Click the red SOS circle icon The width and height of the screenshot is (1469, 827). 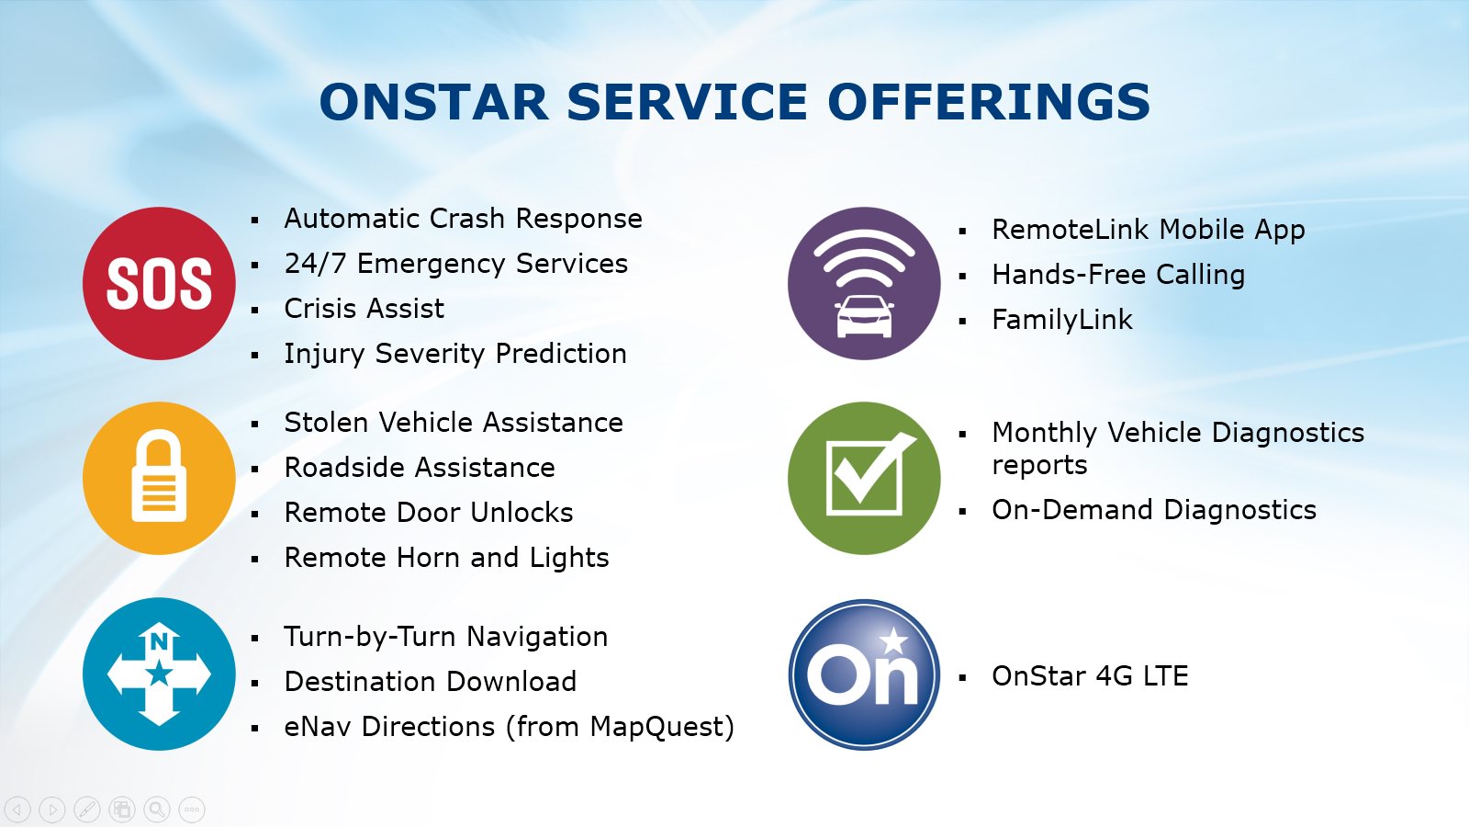pos(159,284)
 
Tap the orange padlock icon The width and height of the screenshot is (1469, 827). pos(159,479)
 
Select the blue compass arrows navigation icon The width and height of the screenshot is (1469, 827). pos(159,674)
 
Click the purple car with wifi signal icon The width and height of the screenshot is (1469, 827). pos(864,284)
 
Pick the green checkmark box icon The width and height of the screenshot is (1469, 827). pos(864,479)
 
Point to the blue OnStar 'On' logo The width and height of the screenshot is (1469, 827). pos(864,674)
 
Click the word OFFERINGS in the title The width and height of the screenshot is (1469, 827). pos(989,102)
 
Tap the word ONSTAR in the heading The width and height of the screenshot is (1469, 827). pos(433,102)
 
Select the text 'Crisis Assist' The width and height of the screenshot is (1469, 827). pos(364,309)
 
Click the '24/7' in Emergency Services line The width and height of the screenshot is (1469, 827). pos(314,264)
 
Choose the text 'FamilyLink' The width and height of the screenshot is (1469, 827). pos(1061,321)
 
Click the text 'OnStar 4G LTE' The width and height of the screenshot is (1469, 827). pos(1090,676)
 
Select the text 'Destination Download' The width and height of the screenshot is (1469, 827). pos(431,682)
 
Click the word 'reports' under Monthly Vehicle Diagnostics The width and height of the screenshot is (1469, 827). pos(1039,465)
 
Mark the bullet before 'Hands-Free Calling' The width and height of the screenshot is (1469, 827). pos(963,277)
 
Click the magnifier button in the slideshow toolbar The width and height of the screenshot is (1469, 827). pos(157,809)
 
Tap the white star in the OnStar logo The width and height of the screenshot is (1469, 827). pos(893,641)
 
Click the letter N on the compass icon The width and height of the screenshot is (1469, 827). pos(159,641)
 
